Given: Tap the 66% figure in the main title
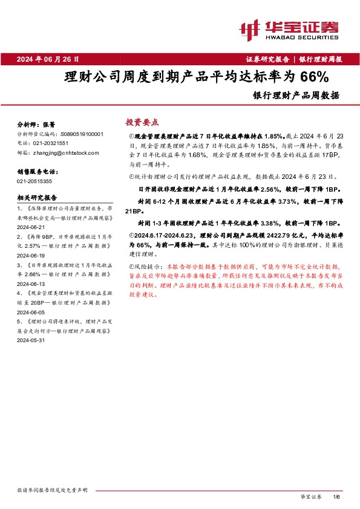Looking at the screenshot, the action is [x=314, y=77].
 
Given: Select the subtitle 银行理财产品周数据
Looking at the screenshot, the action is [x=296, y=95].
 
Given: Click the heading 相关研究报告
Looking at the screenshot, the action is [x=37, y=197].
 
